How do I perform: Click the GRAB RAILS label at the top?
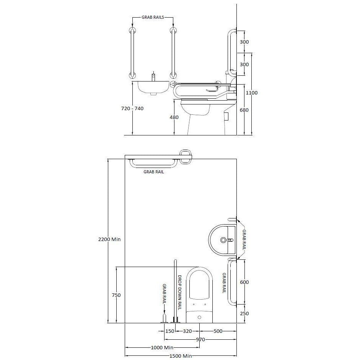[x=153, y=17]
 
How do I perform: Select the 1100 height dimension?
[x=252, y=93]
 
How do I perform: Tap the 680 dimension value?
[x=244, y=110]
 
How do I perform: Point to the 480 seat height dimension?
[x=174, y=117]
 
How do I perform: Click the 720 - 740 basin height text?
[x=132, y=108]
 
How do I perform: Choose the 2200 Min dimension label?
[x=109, y=239]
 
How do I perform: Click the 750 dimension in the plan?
[x=116, y=295]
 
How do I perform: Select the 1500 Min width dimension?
[x=181, y=356]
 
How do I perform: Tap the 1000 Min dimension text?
[x=162, y=348]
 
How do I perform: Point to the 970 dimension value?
[x=200, y=340]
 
